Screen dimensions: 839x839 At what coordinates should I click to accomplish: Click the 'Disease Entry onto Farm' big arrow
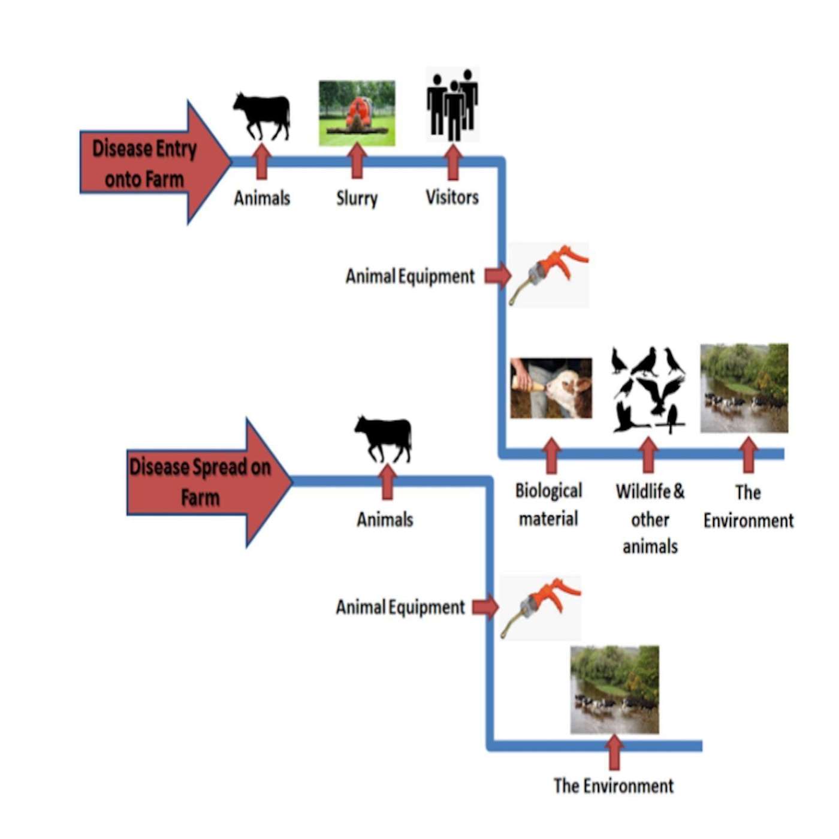pos(150,162)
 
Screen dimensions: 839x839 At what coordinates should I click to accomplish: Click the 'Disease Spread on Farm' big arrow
pos(204,482)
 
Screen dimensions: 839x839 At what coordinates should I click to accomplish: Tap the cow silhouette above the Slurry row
pos(262,116)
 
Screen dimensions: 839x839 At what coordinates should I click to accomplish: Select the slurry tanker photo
pos(357,113)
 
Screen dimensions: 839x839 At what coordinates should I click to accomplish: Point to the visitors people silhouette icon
pos(452,105)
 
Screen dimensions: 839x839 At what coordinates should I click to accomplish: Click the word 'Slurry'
pos(357,198)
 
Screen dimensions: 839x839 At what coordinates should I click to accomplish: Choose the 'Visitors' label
pos(452,197)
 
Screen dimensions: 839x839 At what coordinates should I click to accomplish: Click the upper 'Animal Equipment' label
pos(410,276)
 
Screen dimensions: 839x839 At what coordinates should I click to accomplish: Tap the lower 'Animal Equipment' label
pos(400,607)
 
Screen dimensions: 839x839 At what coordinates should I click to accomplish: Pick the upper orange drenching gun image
pos(548,274)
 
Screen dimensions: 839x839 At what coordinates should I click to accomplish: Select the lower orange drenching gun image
pos(540,606)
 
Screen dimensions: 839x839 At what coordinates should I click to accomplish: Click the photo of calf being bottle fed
pos(551,388)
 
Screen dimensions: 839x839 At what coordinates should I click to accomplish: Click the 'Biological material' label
pos(548,505)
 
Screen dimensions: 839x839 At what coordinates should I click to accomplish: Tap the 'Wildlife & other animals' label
pos(650,519)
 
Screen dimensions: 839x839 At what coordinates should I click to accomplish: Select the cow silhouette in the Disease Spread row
pos(384,439)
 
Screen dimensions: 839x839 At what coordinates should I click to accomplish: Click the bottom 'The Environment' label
pos(613,786)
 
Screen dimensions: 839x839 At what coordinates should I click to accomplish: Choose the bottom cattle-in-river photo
pos(614,689)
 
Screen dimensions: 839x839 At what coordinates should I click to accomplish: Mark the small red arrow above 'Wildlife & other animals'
pos(648,455)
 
